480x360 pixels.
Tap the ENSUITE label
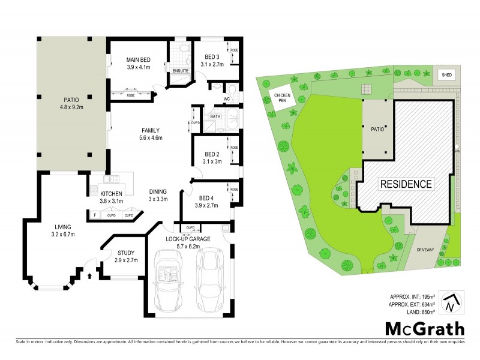coord(181,71)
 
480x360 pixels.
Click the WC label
coord(227,98)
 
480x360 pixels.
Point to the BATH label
coord(216,116)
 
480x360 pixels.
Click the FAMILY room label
coord(150,130)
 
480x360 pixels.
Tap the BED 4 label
coord(206,198)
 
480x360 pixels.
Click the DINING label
coord(158,192)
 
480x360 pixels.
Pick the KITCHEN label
coord(112,194)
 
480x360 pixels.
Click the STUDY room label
coord(126,253)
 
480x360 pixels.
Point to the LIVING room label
coord(62,227)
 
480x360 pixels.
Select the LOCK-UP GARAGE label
coord(187,239)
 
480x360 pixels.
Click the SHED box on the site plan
coord(446,75)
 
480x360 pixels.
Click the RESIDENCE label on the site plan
coord(405,184)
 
